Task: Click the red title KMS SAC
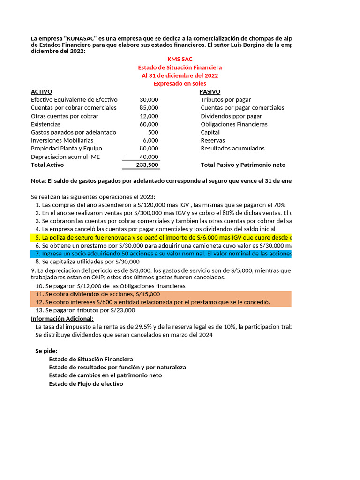point(180,59)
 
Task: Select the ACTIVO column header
point(41,91)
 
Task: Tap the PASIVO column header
point(210,91)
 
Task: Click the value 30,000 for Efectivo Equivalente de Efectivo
point(149,99)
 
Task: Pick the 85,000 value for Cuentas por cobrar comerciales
point(149,108)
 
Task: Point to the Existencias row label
point(45,124)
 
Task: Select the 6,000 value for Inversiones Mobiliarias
point(150,140)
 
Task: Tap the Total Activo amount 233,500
point(147,165)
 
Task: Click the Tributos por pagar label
point(225,99)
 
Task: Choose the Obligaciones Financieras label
point(234,124)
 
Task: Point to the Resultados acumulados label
point(232,148)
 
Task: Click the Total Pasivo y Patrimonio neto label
point(243,165)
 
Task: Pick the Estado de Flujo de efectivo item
point(86,383)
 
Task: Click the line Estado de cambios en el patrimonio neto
point(105,375)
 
